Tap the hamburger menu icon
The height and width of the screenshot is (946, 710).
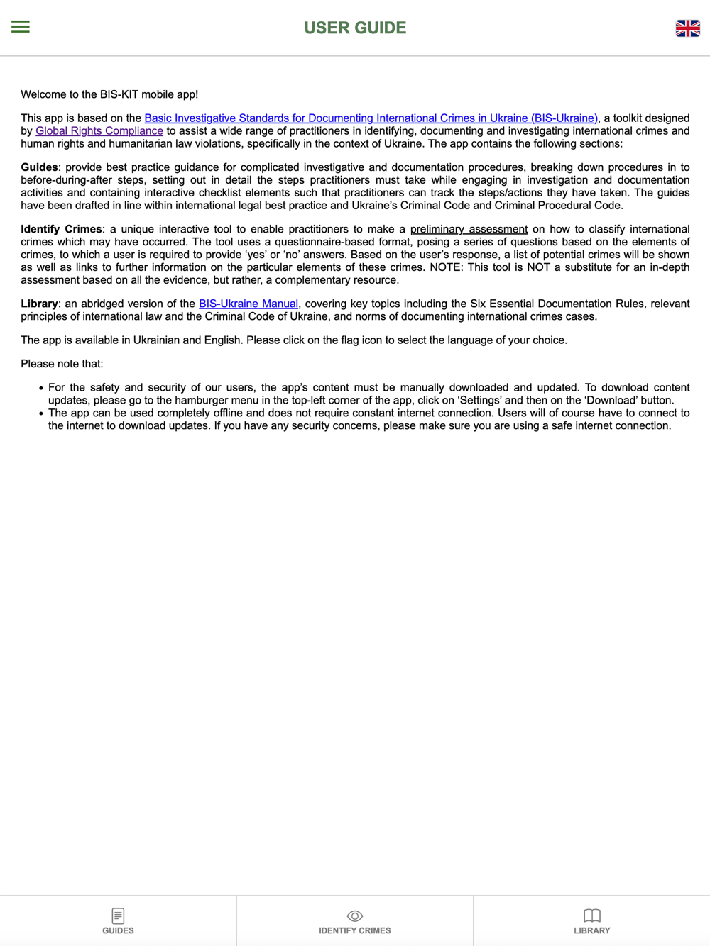pos(21,27)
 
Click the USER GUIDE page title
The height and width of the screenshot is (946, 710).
pos(355,28)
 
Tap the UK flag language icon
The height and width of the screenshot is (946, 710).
pos(687,28)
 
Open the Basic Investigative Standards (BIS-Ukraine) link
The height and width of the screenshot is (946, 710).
pos(371,118)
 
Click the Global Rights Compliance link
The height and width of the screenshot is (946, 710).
pos(99,131)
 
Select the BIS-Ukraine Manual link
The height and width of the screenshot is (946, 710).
pos(248,304)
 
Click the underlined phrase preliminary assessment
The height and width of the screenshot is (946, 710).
pos(469,230)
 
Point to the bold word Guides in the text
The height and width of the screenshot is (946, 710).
pos(39,168)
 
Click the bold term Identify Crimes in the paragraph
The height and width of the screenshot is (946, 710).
pos(61,230)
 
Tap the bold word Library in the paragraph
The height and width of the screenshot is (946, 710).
pos(39,304)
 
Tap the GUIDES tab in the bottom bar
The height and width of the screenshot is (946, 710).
pos(118,921)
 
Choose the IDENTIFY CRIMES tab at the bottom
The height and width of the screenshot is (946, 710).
pos(355,921)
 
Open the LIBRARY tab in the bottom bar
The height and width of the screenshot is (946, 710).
pos(591,921)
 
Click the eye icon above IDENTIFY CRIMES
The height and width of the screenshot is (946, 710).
pos(355,916)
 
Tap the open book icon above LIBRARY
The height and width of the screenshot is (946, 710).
pos(591,916)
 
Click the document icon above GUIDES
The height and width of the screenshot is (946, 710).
pos(118,916)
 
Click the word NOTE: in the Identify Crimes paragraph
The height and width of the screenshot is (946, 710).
pos(447,268)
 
